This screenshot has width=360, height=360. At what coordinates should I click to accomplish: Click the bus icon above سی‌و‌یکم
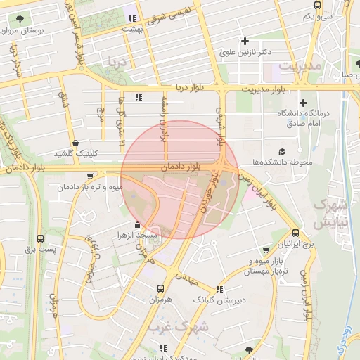coord(318,5)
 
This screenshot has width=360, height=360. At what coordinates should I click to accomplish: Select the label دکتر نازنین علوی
coord(245,52)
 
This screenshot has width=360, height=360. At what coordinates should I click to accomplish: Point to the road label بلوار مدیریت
coord(271,89)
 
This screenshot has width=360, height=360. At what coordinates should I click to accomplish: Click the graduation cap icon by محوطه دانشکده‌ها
coord(282,151)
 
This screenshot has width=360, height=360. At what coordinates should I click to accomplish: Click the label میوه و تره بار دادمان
coord(91,188)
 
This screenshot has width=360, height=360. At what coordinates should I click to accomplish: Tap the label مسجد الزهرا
coord(140,233)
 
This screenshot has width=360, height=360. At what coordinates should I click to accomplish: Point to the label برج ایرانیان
coord(295,244)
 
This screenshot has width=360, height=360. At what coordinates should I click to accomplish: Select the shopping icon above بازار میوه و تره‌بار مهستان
coord(265,250)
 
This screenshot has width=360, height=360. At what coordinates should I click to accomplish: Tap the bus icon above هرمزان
coord(161,288)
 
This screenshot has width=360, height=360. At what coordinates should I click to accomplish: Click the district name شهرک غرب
coord(191,327)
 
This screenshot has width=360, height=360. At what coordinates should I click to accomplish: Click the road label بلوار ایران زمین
coord(259,192)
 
